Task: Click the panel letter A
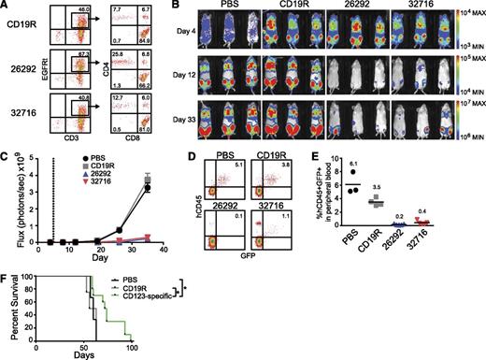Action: click(7, 7)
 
